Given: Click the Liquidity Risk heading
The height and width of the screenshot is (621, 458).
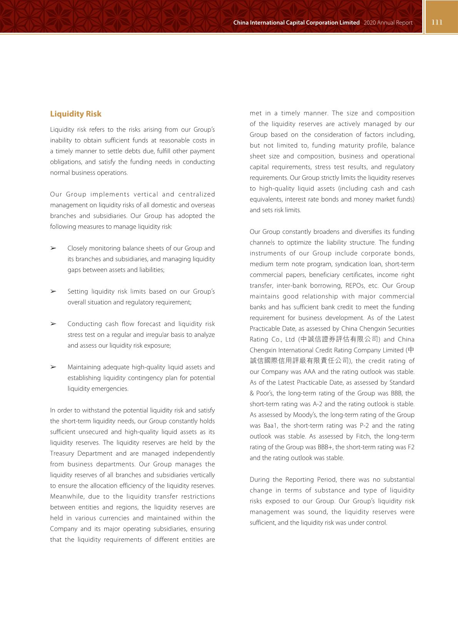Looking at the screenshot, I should click(x=75, y=114).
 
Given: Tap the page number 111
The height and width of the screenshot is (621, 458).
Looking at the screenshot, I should click(x=437, y=22).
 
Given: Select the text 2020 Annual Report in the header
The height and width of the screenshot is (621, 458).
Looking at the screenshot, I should click(x=388, y=23).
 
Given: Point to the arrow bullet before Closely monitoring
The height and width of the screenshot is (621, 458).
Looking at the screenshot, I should click(x=53, y=248).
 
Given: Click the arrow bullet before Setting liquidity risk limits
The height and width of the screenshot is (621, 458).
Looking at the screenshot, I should click(x=53, y=291).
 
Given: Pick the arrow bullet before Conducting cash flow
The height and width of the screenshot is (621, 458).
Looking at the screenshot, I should click(x=53, y=324).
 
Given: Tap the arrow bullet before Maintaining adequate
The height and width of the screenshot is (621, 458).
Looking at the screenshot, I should click(x=53, y=367).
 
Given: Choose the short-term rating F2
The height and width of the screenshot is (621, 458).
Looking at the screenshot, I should click(x=411, y=447).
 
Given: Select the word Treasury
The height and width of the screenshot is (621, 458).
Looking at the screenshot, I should click(x=62, y=453).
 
